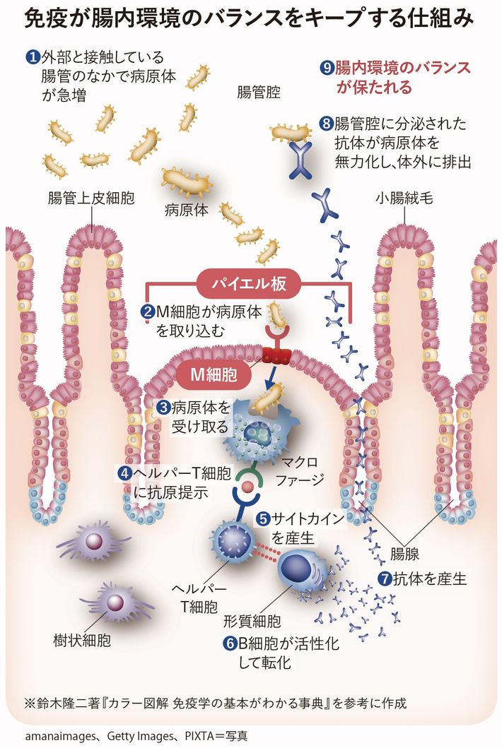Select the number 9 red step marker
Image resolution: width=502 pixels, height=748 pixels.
[327, 69]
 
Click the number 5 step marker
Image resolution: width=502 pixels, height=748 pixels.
[262, 519]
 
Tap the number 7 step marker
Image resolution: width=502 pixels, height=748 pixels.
[385, 579]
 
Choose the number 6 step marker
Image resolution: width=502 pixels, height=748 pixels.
[229, 644]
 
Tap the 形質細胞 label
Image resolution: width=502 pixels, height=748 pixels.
[252, 622]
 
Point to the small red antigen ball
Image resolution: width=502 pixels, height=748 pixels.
[247, 487]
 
